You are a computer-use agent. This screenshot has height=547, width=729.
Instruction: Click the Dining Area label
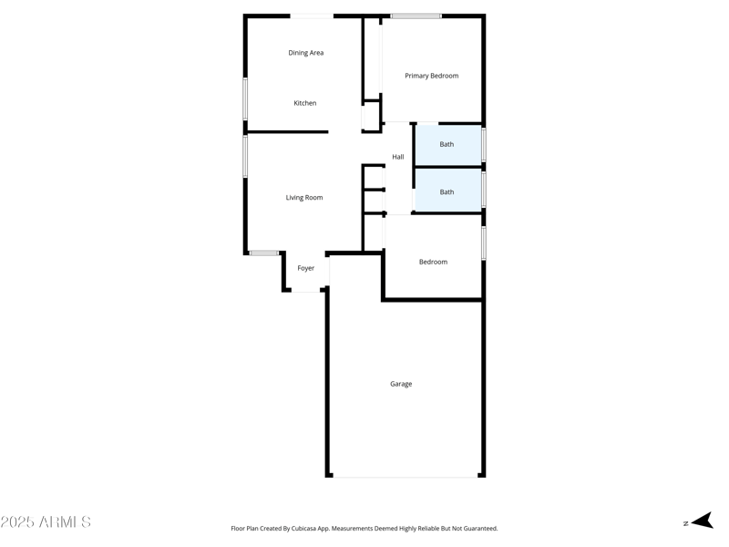tap(306, 53)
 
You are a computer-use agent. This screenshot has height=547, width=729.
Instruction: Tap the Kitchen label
tap(305, 103)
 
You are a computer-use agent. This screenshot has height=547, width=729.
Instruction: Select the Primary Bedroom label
tap(432, 76)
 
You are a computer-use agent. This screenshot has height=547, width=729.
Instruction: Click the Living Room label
tap(304, 198)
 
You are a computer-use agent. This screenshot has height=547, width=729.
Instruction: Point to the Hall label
tap(398, 157)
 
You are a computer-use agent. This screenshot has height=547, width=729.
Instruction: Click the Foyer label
tap(306, 268)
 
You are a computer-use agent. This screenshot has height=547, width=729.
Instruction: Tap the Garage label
tap(401, 384)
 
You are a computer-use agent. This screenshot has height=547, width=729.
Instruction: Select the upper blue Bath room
tap(447, 145)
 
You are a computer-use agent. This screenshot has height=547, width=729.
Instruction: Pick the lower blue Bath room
tap(447, 191)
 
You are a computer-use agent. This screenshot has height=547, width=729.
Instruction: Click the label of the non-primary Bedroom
tap(433, 262)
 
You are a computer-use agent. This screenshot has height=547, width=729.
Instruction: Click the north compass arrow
tap(701, 521)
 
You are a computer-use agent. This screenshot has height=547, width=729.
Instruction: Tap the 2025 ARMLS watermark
tap(46, 522)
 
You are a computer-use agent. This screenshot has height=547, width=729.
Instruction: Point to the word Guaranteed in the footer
tap(478, 529)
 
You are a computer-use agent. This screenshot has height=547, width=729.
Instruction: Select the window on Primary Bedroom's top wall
tap(416, 15)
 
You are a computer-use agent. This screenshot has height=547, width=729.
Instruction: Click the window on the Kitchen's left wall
tap(245, 98)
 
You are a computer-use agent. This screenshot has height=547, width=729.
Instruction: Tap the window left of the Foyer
tap(264, 253)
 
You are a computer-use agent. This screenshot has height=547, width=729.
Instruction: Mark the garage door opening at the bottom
tap(406, 476)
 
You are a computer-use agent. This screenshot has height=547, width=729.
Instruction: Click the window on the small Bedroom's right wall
tap(483, 243)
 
